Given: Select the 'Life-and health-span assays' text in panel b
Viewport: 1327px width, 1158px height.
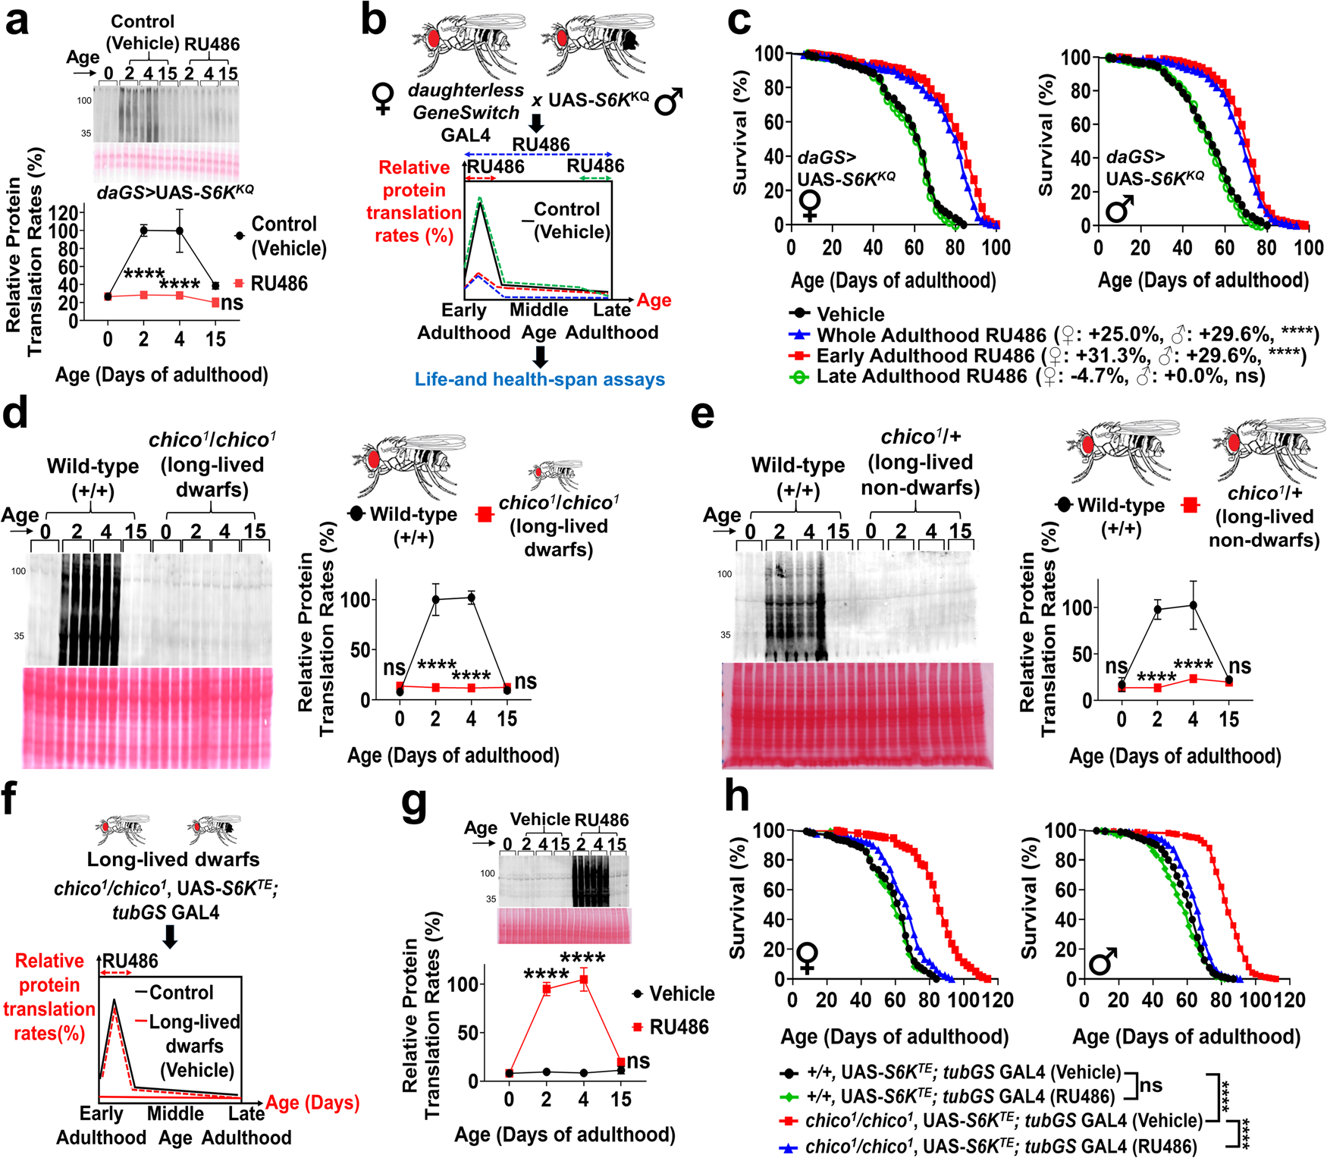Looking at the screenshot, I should [x=539, y=379].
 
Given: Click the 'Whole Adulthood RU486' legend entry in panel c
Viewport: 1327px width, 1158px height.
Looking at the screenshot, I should [x=931, y=335].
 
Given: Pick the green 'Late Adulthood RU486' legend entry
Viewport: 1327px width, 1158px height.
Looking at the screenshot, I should [x=921, y=376].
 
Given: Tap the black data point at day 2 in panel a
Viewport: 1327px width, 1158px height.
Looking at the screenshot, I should [x=143, y=231].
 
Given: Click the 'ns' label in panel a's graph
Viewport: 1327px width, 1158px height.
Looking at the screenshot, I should [x=232, y=303].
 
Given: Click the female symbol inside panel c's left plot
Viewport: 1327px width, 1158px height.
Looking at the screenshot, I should [x=810, y=206].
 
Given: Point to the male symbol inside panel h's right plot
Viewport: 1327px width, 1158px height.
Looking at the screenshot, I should [x=1103, y=962].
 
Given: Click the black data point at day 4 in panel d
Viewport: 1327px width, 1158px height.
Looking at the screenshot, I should [x=471, y=598].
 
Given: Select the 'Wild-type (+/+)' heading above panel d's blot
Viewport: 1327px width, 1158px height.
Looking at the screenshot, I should [x=93, y=479].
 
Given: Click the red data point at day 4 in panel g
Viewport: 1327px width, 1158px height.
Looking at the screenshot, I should [x=583, y=980].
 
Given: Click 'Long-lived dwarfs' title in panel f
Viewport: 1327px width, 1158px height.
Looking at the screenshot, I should [x=173, y=859].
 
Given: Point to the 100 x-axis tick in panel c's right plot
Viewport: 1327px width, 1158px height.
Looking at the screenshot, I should [x=1308, y=247].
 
